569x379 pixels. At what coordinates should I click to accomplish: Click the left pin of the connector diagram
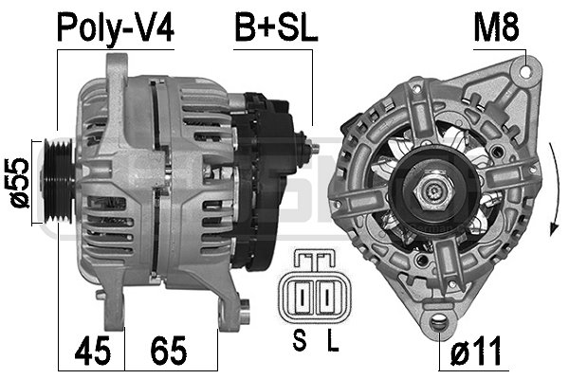click(x=301, y=299)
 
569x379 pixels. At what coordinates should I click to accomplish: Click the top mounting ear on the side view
click(x=118, y=71)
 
